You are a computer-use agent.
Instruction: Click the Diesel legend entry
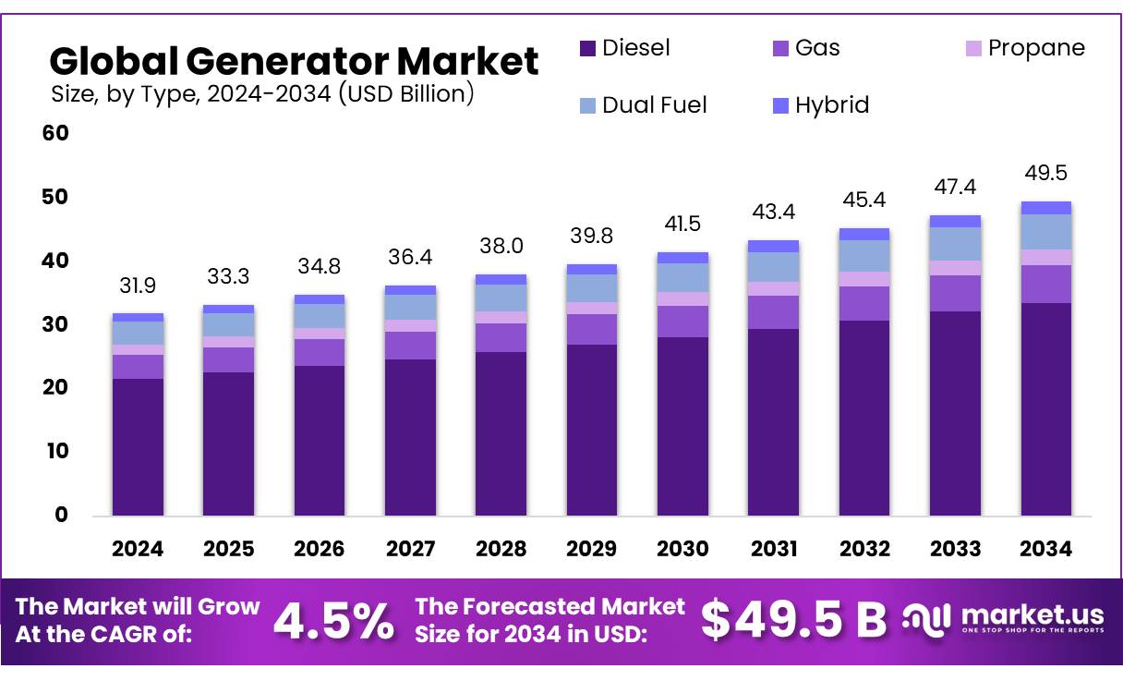click(624, 48)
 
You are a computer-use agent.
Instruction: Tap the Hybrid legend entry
click(819, 105)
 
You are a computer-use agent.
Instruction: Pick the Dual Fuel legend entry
click(641, 105)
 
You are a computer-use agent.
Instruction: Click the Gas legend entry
click(805, 48)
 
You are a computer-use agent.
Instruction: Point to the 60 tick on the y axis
click(55, 133)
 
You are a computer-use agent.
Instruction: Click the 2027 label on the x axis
click(410, 549)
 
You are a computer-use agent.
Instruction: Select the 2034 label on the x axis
click(1045, 549)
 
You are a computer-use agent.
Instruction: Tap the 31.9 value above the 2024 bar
click(138, 286)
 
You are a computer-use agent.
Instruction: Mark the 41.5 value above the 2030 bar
click(682, 225)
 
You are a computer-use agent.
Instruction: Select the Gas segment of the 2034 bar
click(1045, 284)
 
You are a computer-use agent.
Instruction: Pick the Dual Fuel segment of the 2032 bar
click(863, 256)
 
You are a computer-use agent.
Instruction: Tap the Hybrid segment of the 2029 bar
click(591, 269)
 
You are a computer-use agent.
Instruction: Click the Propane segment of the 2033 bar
click(955, 268)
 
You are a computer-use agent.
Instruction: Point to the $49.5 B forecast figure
click(792, 621)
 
